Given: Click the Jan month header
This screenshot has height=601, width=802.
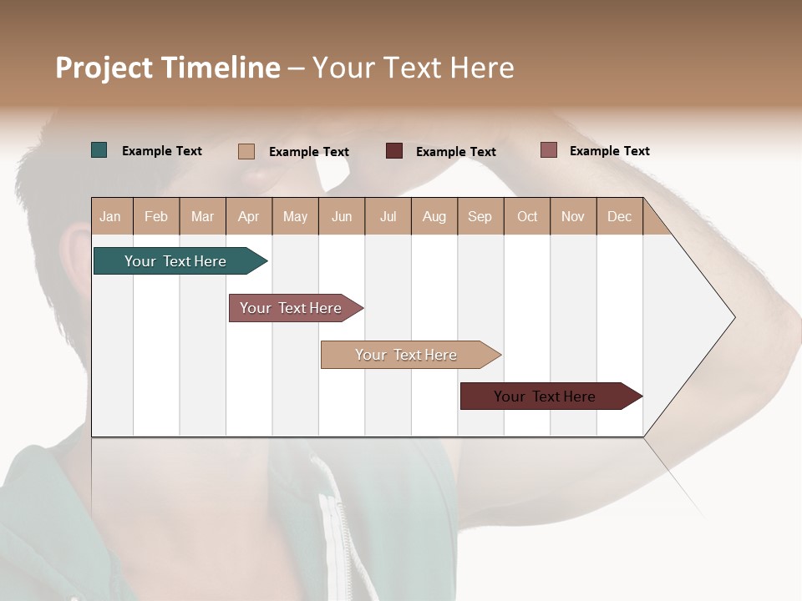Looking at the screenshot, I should [110, 216].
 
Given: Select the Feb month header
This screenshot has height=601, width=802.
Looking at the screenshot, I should [156, 216].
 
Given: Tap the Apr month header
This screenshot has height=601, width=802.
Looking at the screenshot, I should [248, 216].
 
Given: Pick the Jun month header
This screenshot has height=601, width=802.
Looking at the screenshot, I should [342, 216].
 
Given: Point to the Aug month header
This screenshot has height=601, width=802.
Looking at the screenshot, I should [434, 216].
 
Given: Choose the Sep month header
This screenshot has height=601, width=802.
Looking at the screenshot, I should [480, 216].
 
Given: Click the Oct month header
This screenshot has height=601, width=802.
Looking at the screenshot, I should [527, 216].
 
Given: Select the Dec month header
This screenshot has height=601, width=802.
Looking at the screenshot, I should [619, 216].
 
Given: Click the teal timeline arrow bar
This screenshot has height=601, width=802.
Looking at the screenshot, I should [175, 261].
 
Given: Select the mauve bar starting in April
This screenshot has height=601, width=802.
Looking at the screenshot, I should [291, 308].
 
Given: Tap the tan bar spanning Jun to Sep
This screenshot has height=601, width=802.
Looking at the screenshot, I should [406, 355].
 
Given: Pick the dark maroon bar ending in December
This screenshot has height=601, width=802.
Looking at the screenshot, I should [545, 396].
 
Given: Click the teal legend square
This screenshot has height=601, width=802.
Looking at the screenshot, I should [99, 150].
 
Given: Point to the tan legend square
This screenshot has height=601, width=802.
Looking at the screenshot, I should [246, 151].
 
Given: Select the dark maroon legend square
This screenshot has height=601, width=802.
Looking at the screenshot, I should [394, 151].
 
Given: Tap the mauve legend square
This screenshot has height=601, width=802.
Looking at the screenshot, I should [548, 150].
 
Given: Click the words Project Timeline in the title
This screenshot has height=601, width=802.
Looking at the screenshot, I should [168, 68].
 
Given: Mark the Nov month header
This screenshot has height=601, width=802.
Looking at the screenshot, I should [573, 216].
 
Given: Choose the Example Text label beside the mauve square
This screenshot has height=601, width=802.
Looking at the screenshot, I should [609, 151].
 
